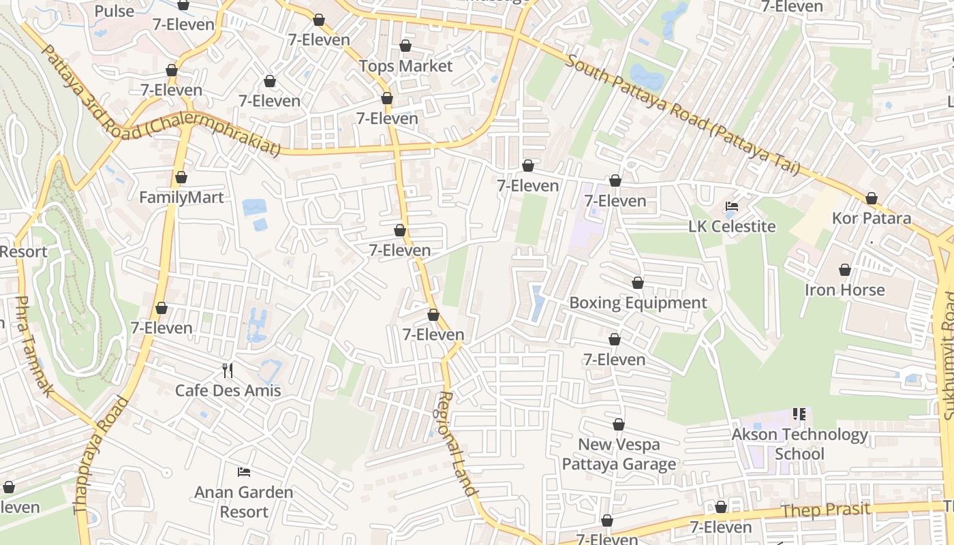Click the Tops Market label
(405, 66)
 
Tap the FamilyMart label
(181, 198)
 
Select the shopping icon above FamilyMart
(181, 178)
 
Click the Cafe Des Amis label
(228, 390)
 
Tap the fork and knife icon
(228, 371)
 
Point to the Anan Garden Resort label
(244, 501)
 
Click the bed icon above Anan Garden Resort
(244, 472)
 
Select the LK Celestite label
(732, 226)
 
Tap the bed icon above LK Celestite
(732, 206)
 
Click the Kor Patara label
(872, 219)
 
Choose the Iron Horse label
(844, 290)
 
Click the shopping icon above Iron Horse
(845, 270)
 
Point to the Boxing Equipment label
(638, 302)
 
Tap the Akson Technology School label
(799, 443)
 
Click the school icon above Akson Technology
(799, 414)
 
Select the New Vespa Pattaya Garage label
(619, 454)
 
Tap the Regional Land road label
(455, 443)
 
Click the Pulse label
(114, 11)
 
